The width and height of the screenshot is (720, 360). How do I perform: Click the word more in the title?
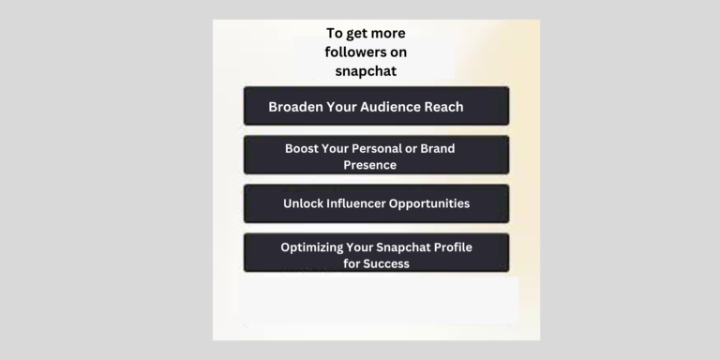[387, 33]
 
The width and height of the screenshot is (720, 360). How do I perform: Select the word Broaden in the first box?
[296, 107]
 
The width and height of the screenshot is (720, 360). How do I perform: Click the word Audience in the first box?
[393, 107]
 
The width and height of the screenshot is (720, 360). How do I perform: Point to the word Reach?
[444, 107]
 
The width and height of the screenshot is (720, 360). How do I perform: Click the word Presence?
[369, 164]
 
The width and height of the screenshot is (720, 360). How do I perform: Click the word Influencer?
[366, 202]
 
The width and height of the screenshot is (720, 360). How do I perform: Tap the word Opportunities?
[437, 202]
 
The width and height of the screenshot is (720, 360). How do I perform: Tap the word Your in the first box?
[339, 107]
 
